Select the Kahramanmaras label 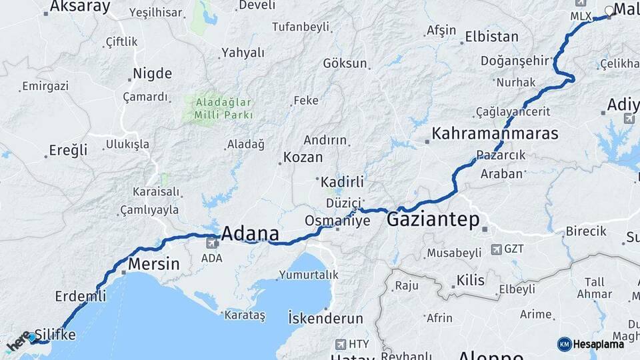click(495, 133)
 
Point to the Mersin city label click(153, 263)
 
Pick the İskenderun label click(325, 318)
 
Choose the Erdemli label click(81, 296)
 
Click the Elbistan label click(491, 37)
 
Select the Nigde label click(152, 73)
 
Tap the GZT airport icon click(496, 249)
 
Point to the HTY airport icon click(341, 344)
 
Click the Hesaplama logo click(591, 344)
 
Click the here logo click(18, 343)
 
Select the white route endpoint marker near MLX click(609, 11)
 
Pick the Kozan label click(303, 158)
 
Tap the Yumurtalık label click(309, 275)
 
